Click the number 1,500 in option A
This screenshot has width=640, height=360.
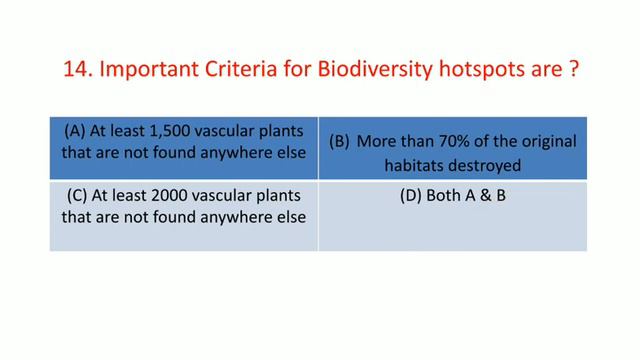(159, 130)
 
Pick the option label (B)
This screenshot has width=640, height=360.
(340, 143)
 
